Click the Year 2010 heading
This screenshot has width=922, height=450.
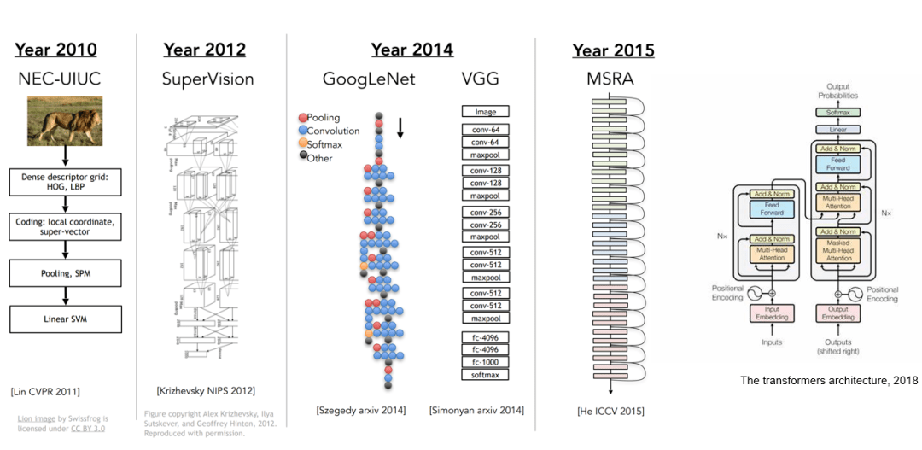click(57, 50)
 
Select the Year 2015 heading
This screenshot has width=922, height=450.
click(613, 50)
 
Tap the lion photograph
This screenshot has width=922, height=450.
click(65, 119)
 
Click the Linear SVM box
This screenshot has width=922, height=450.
click(66, 319)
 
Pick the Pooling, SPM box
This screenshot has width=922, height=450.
click(66, 273)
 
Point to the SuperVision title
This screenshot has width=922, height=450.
click(207, 79)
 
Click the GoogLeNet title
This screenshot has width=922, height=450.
click(369, 79)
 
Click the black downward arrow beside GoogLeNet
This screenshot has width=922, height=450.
click(400, 127)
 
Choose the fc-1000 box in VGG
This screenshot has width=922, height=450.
click(485, 362)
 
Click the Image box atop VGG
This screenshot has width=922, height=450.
click(485, 112)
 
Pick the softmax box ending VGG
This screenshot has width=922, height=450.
click(485, 375)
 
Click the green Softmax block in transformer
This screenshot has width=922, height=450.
click(837, 113)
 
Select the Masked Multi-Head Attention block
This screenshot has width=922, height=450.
click(838, 249)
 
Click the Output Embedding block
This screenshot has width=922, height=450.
click(838, 313)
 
